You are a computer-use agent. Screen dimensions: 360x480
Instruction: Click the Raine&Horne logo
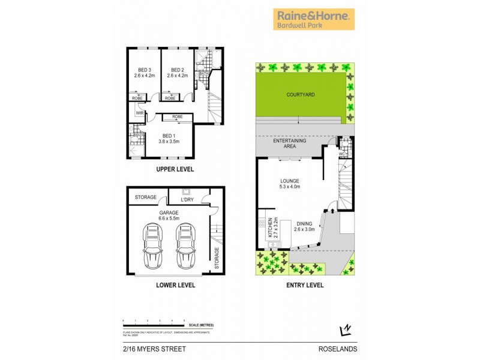(314, 19)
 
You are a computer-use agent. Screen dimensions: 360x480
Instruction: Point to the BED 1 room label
(169, 139)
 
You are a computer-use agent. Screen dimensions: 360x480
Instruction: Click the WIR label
(139, 113)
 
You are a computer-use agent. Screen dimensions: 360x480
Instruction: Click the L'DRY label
(187, 199)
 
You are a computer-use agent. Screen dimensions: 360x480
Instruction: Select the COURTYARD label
(301, 95)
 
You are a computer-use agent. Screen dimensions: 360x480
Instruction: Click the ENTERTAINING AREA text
(290, 144)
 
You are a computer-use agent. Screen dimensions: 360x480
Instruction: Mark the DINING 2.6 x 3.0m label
(305, 226)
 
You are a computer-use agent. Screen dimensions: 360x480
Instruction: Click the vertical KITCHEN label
(270, 228)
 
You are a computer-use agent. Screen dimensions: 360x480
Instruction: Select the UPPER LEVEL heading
(175, 170)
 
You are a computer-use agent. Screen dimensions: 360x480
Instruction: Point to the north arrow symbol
(345, 329)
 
